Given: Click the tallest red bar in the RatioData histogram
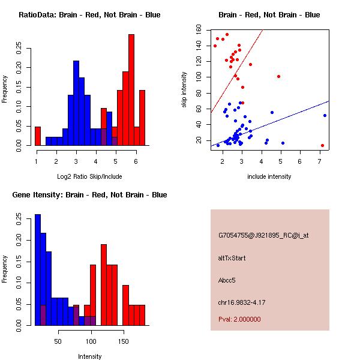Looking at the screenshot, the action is (131, 90).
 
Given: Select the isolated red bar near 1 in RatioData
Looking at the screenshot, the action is (38, 136).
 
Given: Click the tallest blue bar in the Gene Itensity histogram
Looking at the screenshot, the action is (38, 270).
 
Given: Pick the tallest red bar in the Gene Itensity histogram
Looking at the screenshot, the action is (104, 285).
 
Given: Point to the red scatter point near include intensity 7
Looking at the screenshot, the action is (322, 146).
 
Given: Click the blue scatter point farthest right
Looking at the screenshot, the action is (325, 115).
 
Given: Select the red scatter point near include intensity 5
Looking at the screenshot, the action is (279, 76).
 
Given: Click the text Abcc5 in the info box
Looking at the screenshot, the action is (227, 280).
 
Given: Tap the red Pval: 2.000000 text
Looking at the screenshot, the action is (239, 319).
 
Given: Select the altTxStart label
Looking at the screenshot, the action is (232, 258).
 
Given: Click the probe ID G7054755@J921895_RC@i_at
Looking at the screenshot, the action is (263, 236).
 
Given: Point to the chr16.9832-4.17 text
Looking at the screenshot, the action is (242, 302).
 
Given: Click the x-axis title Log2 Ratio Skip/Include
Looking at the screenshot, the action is (89, 176).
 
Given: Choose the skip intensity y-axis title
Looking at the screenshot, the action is (184, 89).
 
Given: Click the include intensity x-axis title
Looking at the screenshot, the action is (269, 176).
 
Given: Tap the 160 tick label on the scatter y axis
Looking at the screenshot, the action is (199, 30).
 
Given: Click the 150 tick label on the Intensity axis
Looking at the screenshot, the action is (124, 341).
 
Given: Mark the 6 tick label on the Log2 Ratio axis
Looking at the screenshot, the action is (136, 161).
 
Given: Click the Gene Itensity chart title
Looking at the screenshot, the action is (89, 195).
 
